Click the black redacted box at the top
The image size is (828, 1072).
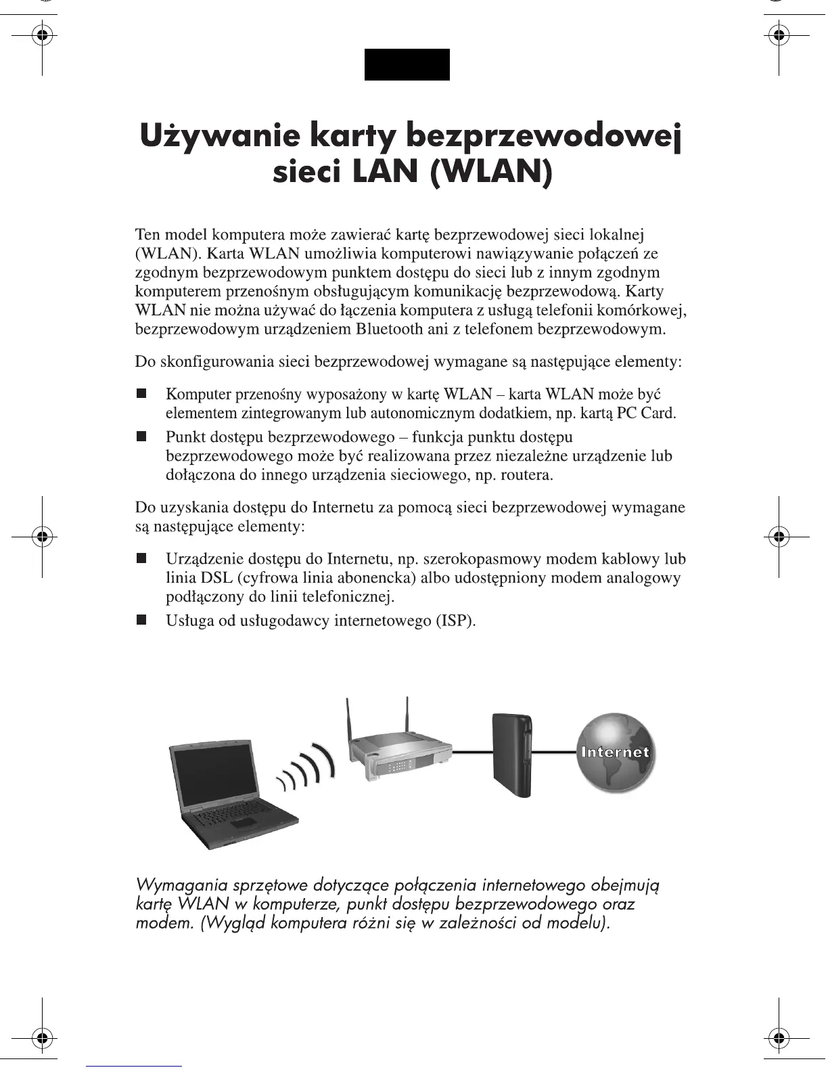(x=407, y=64)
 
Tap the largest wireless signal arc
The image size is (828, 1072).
(x=326, y=761)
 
